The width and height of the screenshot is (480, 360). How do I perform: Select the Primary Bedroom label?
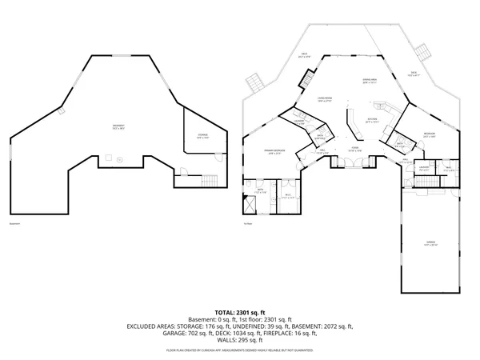272,152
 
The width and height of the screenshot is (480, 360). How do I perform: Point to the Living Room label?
302,98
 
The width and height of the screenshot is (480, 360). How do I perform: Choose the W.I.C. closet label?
287,195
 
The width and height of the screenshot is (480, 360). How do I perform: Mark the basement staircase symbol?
210,181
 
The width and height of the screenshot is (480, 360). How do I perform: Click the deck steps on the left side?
254,82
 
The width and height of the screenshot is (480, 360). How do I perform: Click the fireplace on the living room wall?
307,80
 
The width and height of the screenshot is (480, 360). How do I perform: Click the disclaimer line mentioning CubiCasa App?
239,350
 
